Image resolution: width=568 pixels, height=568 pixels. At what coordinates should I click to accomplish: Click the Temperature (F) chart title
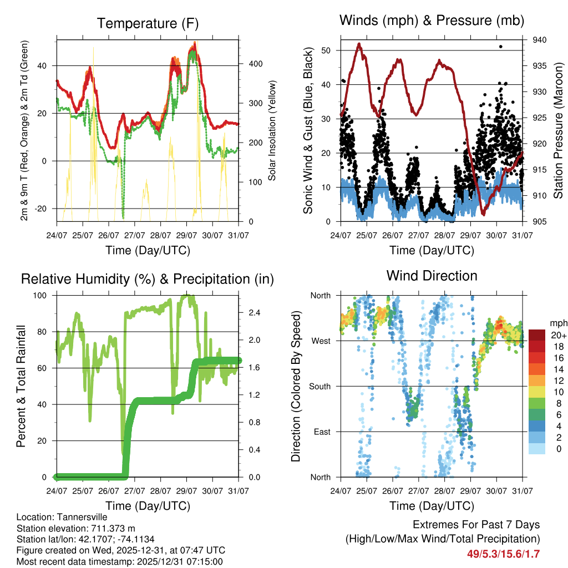tap(148, 24)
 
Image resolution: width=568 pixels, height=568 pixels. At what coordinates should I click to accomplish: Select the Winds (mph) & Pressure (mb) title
tap(432, 21)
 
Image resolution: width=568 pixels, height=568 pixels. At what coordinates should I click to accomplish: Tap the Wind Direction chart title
tap(432, 275)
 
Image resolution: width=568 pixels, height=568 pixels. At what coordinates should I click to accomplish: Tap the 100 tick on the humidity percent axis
tap(41, 296)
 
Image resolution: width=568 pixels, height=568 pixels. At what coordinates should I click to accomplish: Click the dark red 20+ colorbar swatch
tap(537, 334)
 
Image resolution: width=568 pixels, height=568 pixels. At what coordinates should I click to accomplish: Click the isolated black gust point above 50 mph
tap(500, 47)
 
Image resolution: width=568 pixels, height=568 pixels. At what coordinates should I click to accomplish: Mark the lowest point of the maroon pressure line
tap(483, 214)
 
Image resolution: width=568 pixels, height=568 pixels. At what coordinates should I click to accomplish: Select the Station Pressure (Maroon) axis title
tap(558, 130)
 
